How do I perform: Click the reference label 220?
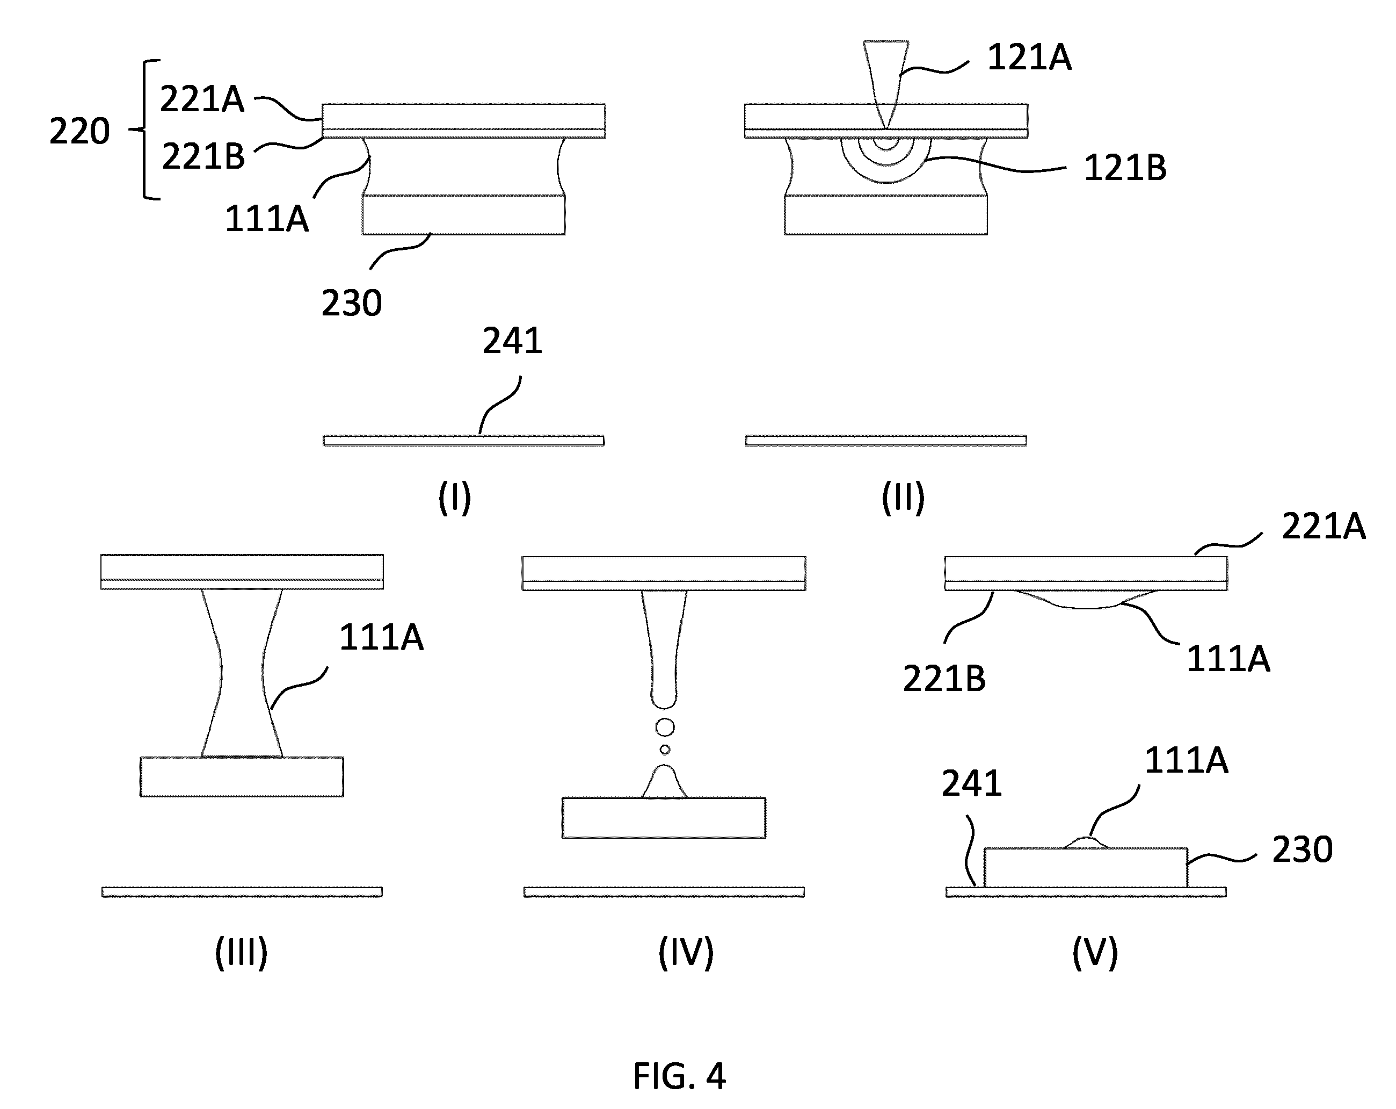(x=79, y=132)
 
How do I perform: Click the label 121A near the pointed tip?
(x=1029, y=57)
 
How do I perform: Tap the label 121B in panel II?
(x=1125, y=168)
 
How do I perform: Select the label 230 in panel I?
(x=352, y=303)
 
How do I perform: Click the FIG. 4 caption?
(x=679, y=1077)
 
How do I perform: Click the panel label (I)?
(x=455, y=498)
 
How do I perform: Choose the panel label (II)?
(x=903, y=498)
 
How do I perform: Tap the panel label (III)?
(x=242, y=952)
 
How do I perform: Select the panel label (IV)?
(x=686, y=952)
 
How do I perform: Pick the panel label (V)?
(x=1095, y=952)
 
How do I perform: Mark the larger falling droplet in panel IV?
(x=664, y=728)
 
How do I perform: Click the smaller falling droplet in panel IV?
(x=664, y=750)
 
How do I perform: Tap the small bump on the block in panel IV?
(x=664, y=781)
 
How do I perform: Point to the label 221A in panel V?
(x=1324, y=526)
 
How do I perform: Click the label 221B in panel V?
(x=944, y=679)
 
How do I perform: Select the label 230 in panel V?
(x=1303, y=849)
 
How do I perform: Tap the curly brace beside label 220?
(x=145, y=129)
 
